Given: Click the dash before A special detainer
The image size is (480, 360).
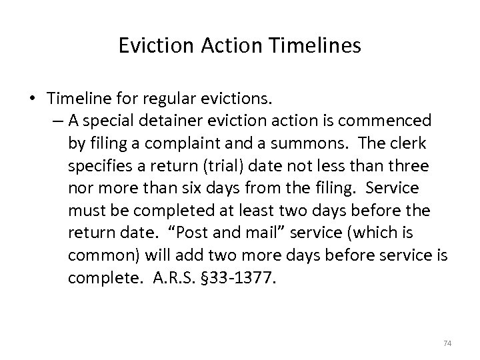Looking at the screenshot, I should (x=54, y=121).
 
